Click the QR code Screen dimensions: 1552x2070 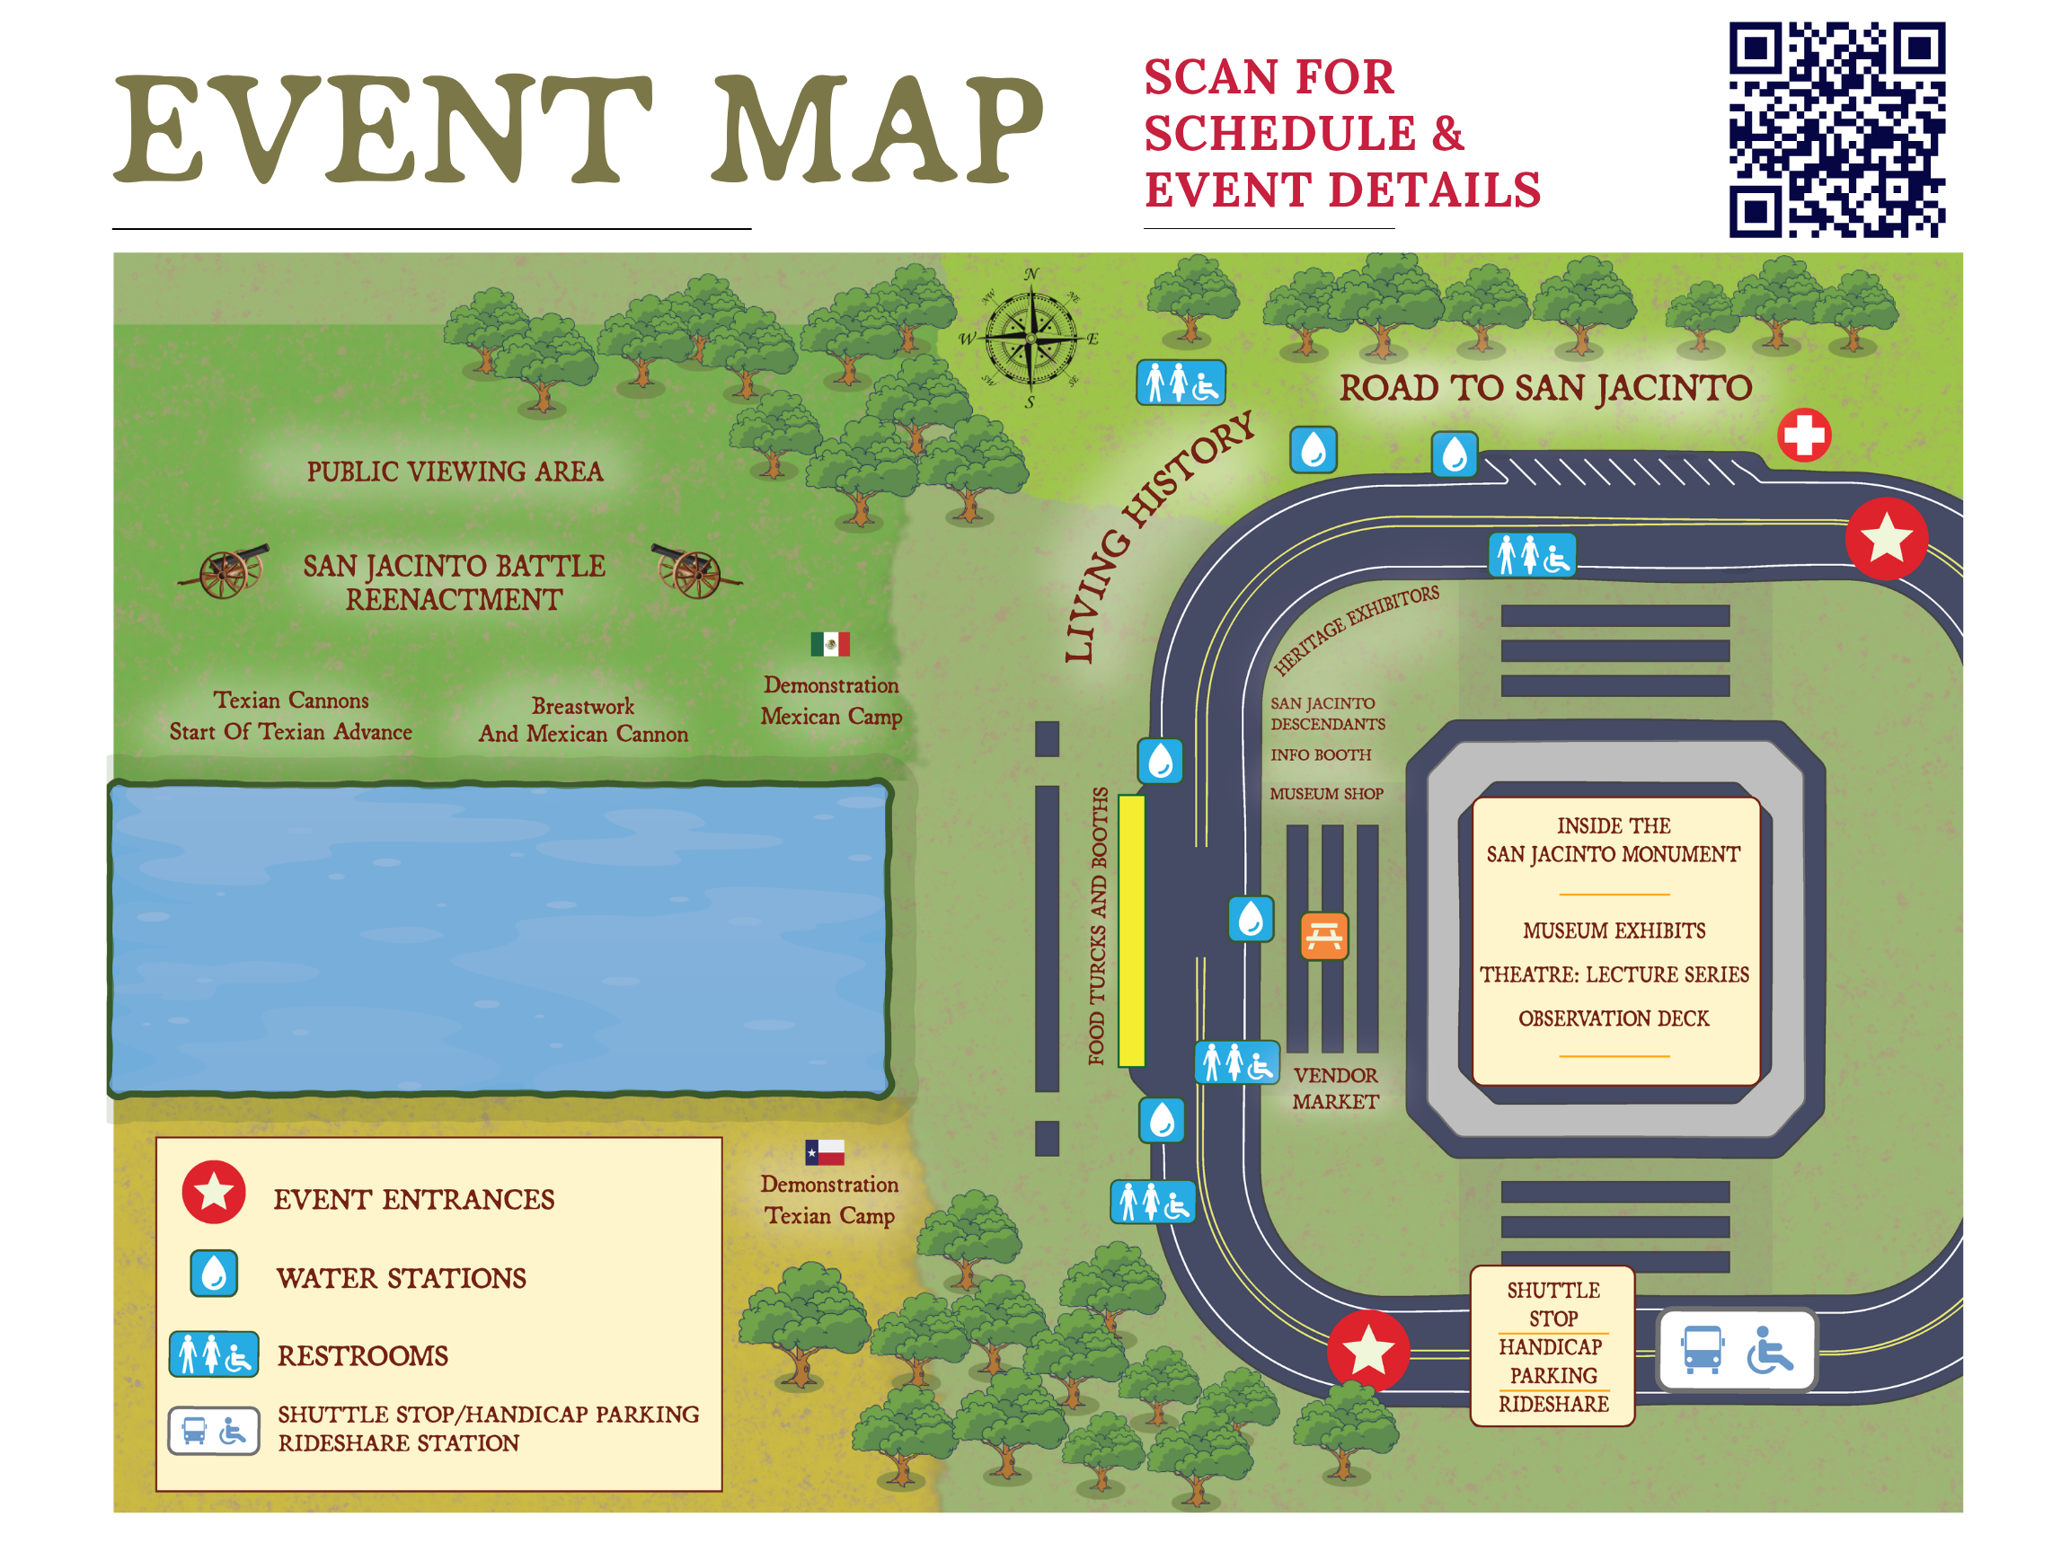[1836, 129]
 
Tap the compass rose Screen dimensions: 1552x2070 [1031, 338]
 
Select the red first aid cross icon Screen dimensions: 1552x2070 [1803, 435]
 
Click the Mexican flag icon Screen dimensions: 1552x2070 [830, 644]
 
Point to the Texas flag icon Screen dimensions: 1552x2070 [825, 1151]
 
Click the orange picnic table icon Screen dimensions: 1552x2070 [1324, 936]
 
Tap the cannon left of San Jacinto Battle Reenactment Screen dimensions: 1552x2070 [226, 570]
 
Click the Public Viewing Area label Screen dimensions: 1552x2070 [455, 472]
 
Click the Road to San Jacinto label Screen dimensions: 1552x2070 [1544, 388]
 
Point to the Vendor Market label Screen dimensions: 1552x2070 [1335, 1088]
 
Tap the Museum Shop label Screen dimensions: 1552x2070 [1326, 793]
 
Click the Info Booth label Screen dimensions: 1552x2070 [1321, 754]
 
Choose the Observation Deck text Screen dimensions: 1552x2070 [1614, 1018]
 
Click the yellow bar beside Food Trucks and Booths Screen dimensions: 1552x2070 [1131, 930]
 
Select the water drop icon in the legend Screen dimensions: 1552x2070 [215, 1274]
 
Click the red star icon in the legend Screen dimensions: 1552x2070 [215, 1193]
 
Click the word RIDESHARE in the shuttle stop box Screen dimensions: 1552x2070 [1553, 1403]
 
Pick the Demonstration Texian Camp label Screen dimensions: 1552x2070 [829, 1199]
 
